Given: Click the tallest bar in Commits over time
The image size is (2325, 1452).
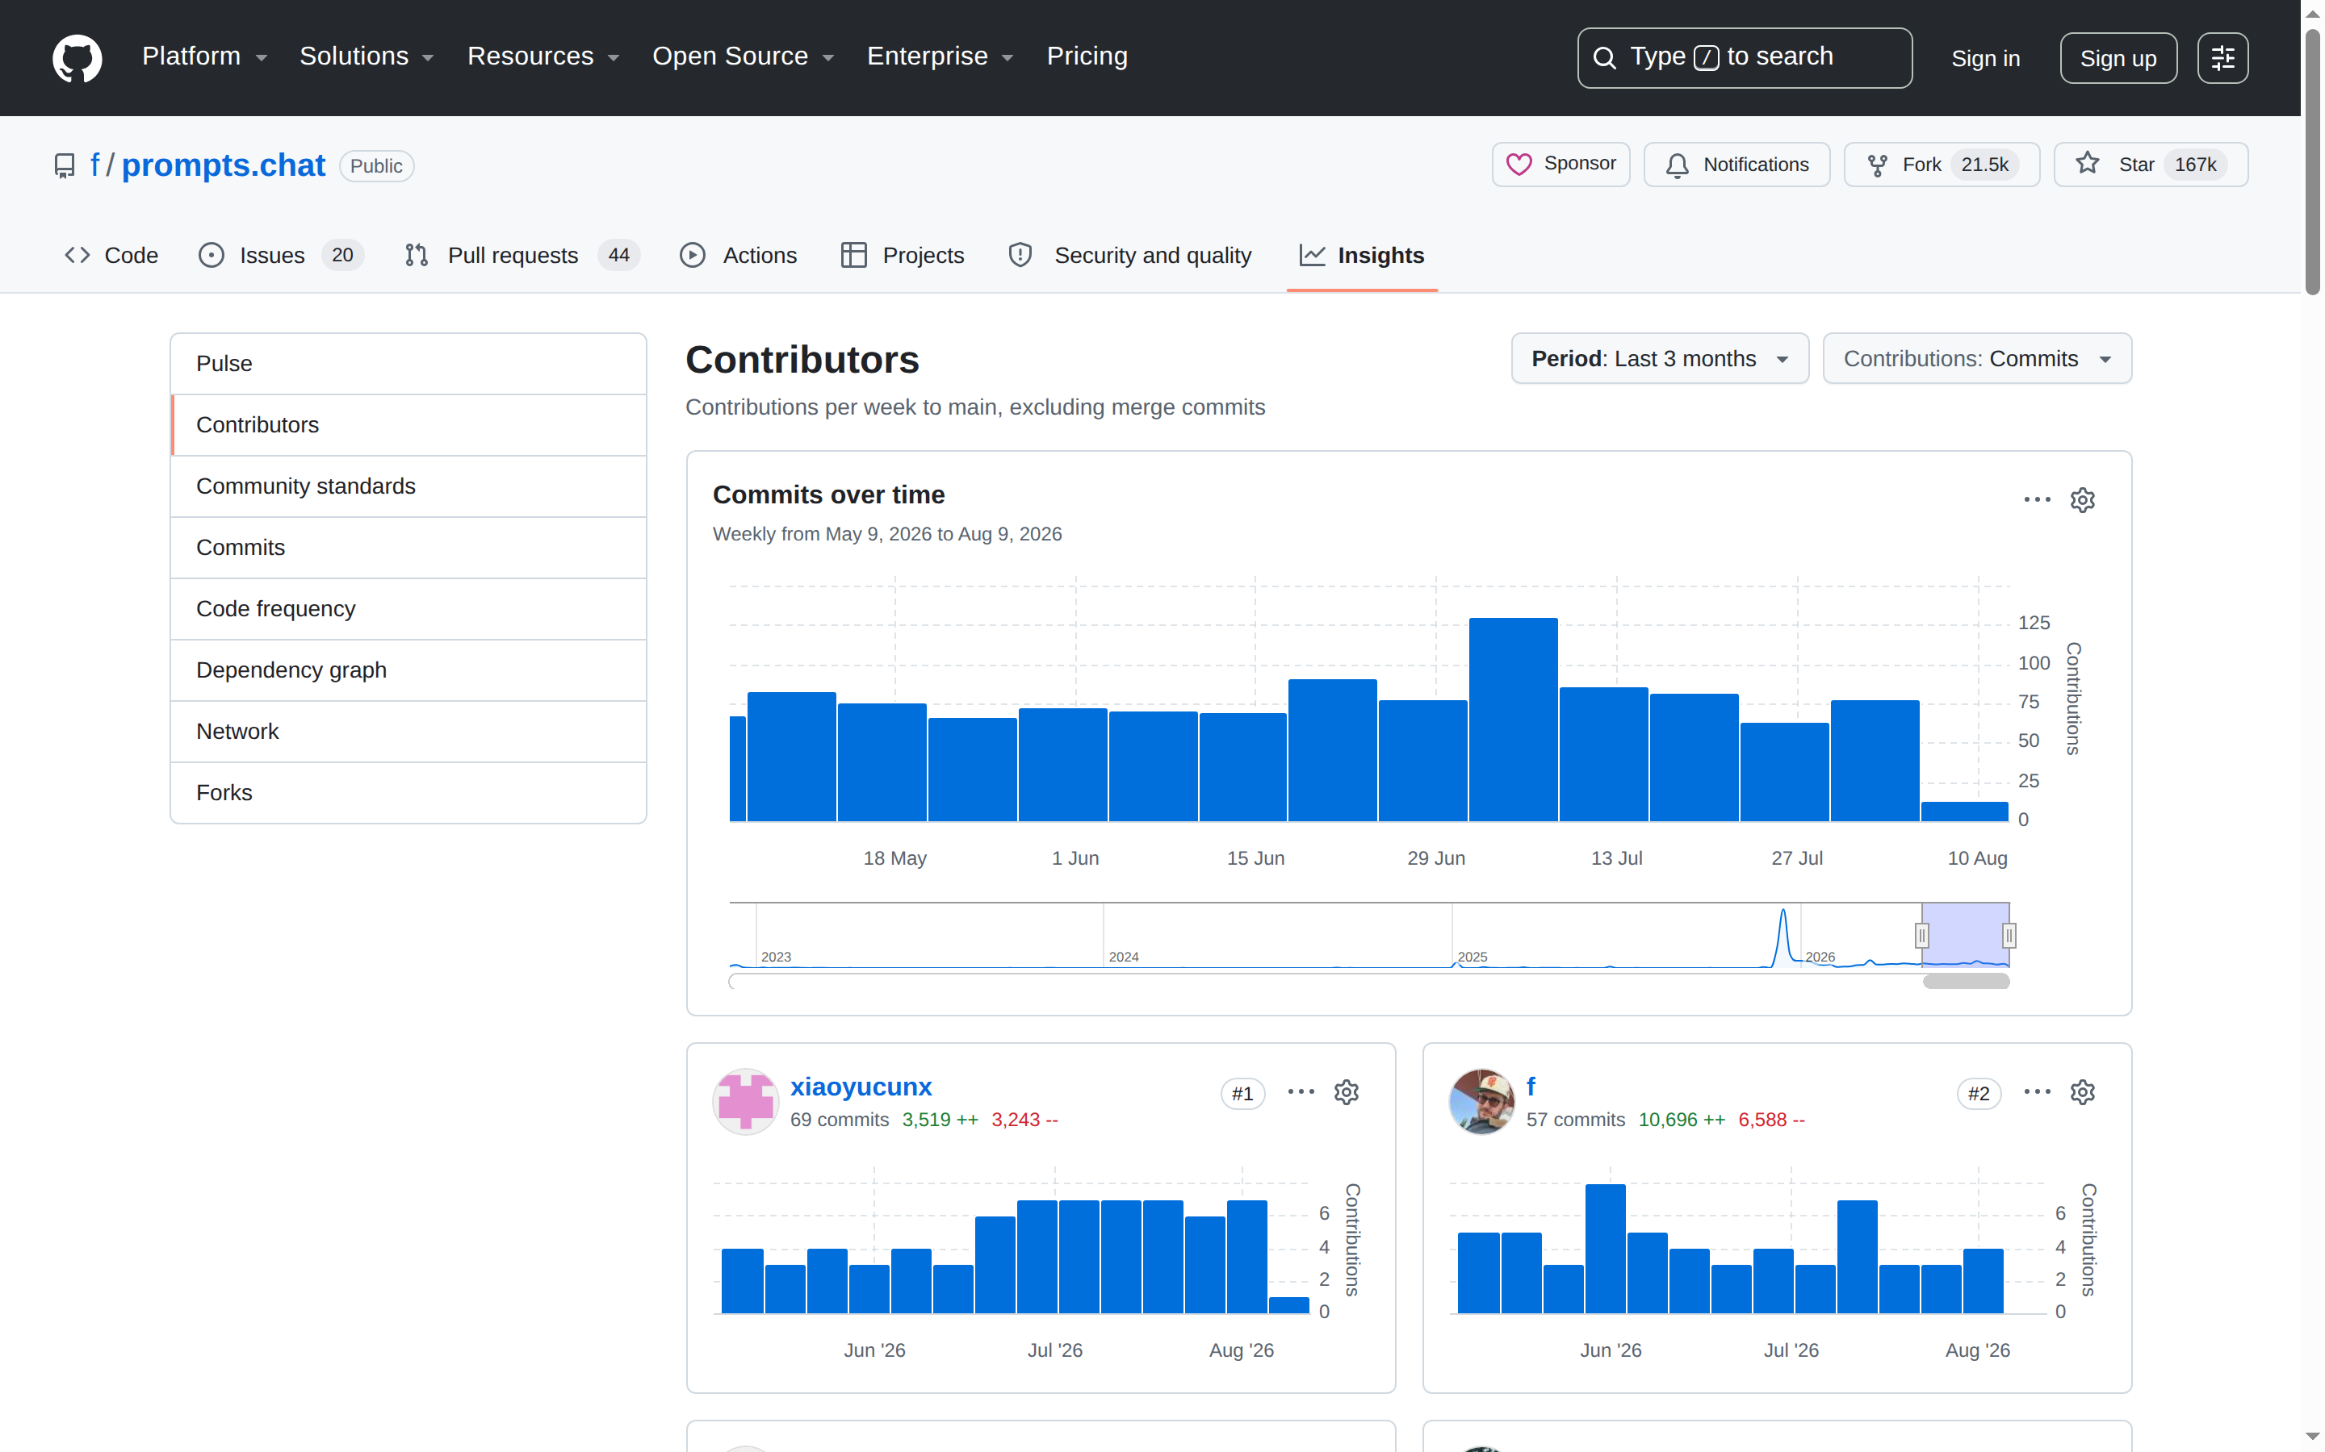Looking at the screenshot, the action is click(1513, 720).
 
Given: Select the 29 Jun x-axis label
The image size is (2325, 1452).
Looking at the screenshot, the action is click(1435, 857).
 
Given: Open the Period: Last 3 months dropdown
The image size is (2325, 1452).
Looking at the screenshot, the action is click(1659, 358).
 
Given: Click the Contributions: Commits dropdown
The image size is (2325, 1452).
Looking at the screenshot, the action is click(1976, 358).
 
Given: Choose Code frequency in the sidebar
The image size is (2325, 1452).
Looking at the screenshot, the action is click(276, 608).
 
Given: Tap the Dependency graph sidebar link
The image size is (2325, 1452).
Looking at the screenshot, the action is click(291, 670).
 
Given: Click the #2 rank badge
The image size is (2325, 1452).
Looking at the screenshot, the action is click(1978, 1093).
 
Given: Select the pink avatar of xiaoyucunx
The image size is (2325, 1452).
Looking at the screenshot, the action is click(746, 1100).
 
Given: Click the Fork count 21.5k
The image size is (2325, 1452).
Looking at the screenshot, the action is click(1984, 165).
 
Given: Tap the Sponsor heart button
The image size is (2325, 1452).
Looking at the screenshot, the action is click(1560, 165).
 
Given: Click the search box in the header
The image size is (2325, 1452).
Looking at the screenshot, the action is click(1744, 57).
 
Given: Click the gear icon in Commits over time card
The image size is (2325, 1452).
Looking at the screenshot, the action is click(2082, 500).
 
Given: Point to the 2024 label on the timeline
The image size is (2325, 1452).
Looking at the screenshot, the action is click(1123, 957).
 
